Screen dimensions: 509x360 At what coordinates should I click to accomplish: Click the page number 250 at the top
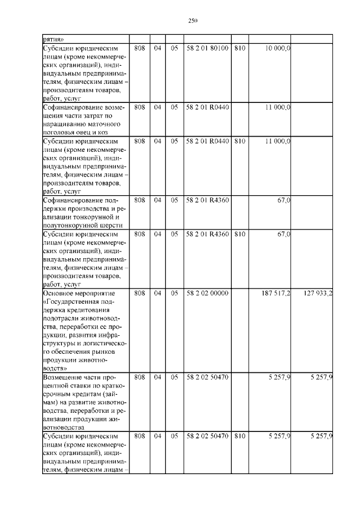pyautogui.click(x=193, y=21)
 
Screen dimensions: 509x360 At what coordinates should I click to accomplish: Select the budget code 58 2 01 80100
pyautogui.click(x=206, y=48)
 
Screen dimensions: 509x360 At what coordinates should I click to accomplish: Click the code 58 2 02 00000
pyautogui.click(x=206, y=293)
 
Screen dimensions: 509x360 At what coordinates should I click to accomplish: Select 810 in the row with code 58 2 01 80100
pyautogui.click(x=240, y=48)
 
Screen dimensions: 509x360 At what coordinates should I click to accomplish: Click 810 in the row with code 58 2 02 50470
pyautogui.click(x=240, y=436)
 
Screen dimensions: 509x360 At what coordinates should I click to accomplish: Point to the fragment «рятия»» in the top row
pyautogui.click(x=53, y=39)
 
